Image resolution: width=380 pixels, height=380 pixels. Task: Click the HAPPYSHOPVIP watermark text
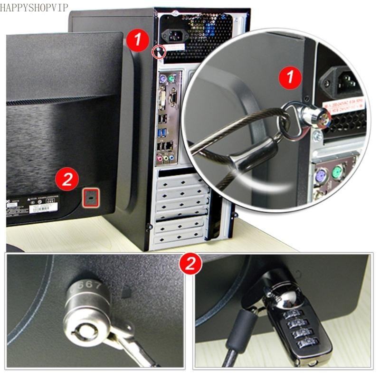34,7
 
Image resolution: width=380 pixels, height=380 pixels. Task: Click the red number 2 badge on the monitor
67,180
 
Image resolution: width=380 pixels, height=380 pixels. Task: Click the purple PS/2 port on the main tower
162,79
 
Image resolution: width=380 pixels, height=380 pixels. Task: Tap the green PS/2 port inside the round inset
338,174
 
